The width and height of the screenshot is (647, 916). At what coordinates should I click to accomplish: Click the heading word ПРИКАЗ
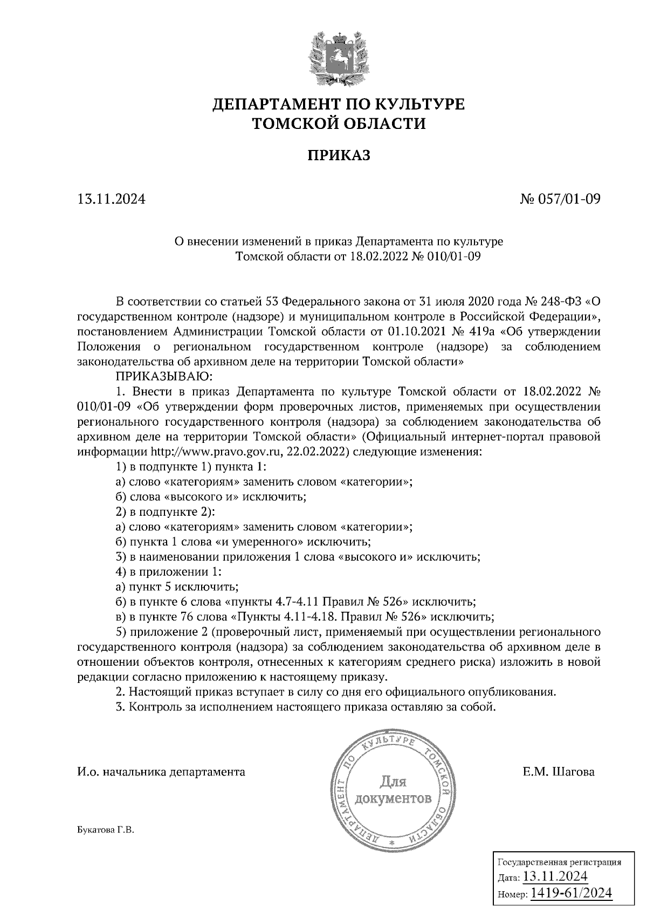pos(339,156)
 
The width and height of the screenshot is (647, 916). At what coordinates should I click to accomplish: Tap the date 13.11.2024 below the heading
pos(112,200)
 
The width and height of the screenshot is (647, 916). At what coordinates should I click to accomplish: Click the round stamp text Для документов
pos(393,789)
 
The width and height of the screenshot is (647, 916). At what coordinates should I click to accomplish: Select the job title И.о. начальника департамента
pos(161,772)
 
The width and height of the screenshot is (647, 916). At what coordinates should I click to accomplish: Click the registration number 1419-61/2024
pos(571,893)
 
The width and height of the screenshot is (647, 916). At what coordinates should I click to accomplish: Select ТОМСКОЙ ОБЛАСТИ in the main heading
pos(339,124)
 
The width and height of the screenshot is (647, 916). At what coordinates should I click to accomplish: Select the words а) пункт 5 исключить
pos(177,586)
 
